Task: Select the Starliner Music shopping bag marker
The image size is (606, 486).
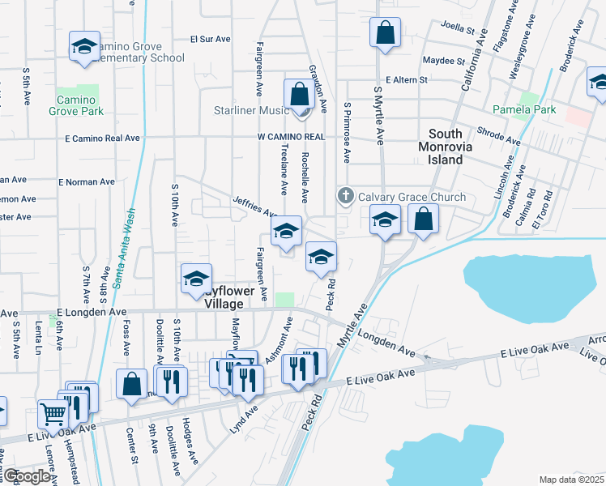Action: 300,94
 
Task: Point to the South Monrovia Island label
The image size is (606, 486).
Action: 446,147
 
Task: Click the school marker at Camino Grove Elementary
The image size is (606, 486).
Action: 83,48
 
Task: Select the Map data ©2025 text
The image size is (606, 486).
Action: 571,480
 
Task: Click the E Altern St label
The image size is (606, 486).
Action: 413,80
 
